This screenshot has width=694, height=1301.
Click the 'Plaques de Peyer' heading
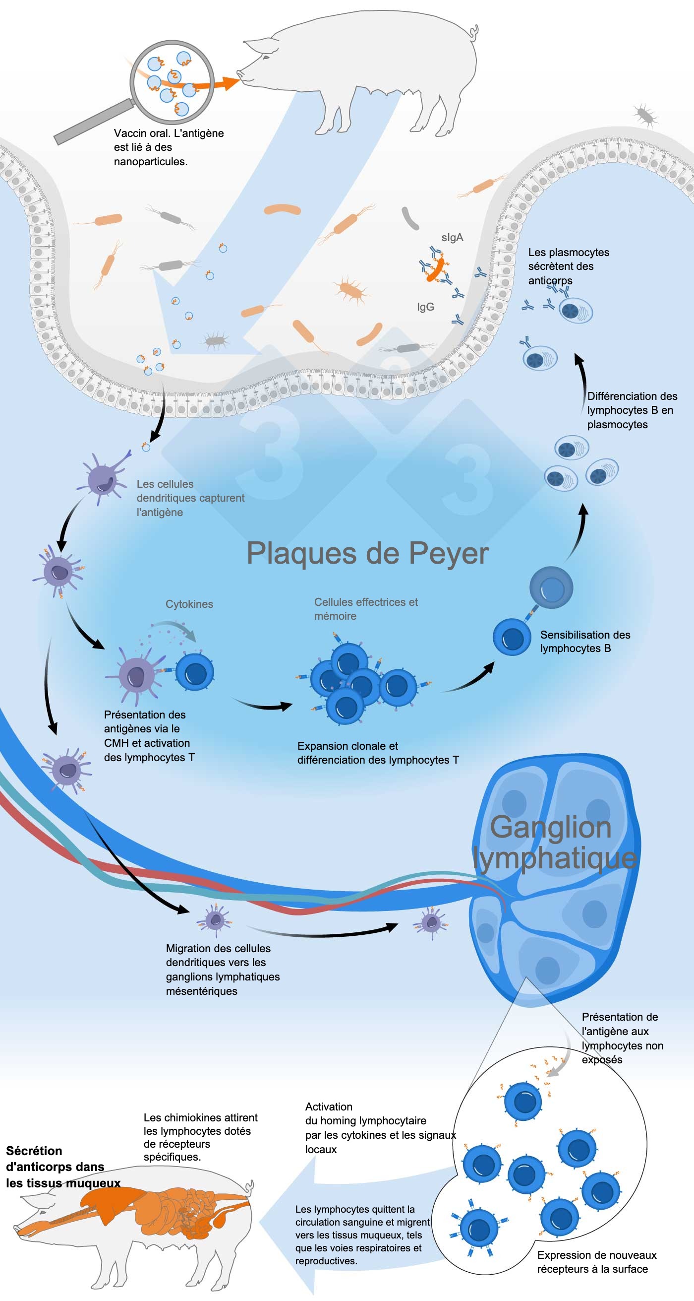point(367,554)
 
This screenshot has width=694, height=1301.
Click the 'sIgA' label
point(452,237)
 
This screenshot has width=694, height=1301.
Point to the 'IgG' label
point(425,307)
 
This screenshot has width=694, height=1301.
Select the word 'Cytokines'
point(189,604)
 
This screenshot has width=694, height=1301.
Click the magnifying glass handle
point(93,123)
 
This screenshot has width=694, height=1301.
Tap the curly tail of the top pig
point(473,34)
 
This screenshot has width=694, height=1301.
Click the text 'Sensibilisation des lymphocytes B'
point(584,642)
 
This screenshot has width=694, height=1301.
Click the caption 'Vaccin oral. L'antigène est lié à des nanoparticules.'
point(168,147)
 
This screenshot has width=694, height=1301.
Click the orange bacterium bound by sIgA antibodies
point(435,270)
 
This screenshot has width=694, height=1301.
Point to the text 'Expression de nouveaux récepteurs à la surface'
point(596,1262)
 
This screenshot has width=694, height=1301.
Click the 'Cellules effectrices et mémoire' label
point(365,609)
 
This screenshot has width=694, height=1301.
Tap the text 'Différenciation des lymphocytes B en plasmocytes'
point(632,410)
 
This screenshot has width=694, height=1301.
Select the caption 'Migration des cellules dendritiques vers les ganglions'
point(222,969)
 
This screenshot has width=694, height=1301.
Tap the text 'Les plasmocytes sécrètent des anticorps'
point(568,266)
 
